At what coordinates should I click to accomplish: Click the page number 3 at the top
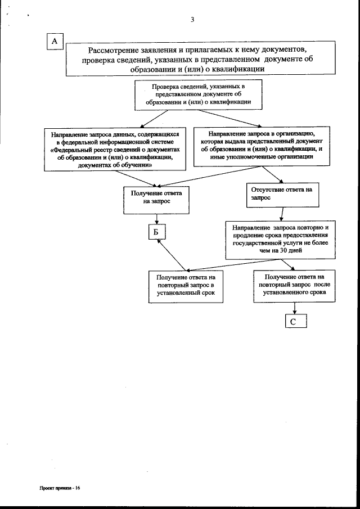click(x=192, y=20)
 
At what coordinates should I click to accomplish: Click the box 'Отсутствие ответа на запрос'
click(x=281, y=194)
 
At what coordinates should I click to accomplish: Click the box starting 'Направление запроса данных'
click(x=116, y=150)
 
